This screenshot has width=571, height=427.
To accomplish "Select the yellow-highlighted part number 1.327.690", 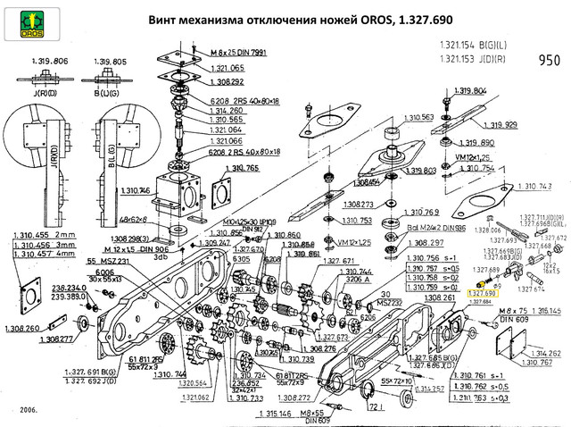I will click(x=481, y=293).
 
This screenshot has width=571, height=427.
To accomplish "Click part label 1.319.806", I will click(x=49, y=61).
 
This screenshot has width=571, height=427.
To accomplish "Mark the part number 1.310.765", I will click(x=239, y=168).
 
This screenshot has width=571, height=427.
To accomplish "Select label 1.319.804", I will click(x=492, y=91).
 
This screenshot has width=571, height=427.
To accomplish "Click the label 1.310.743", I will click(x=534, y=187).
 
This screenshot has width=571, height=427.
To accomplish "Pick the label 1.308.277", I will click(x=61, y=339).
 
